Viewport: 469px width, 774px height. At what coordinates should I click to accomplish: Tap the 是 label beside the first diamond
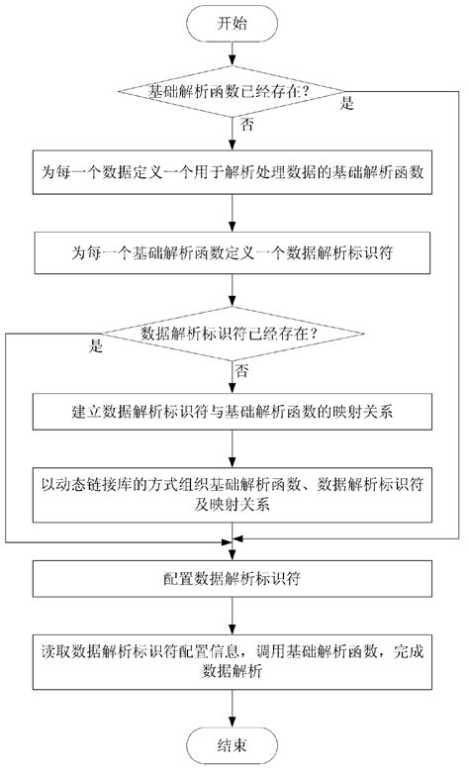click(347, 103)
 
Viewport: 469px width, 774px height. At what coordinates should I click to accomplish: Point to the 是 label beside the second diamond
click(96, 347)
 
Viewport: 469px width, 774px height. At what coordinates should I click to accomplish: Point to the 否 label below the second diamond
click(243, 369)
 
